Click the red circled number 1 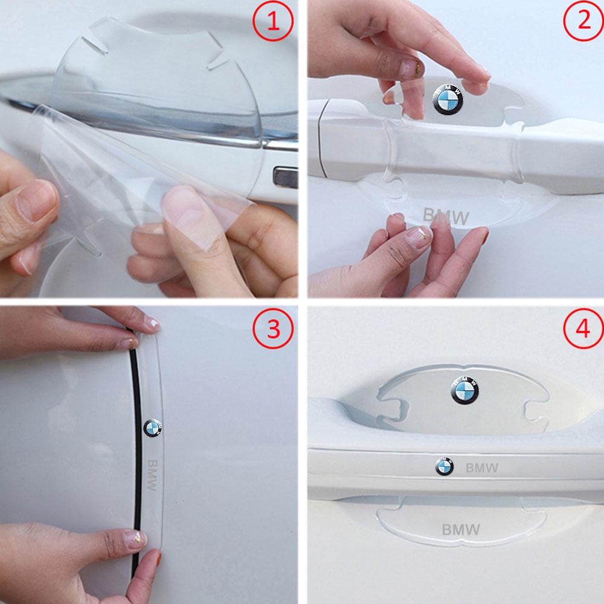pyautogui.click(x=273, y=21)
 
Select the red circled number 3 pyautogui.click(x=273, y=329)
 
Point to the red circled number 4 pyautogui.click(x=583, y=329)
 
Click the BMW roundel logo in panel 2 pyautogui.click(x=448, y=100)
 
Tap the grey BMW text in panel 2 pyautogui.click(x=446, y=216)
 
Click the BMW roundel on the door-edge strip pyautogui.click(x=153, y=428)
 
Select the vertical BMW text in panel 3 pyautogui.click(x=153, y=475)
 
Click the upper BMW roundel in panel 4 pyautogui.click(x=464, y=390)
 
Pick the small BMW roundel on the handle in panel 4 pyautogui.click(x=444, y=466)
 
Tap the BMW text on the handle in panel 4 pyautogui.click(x=481, y=468)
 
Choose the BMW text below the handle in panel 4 pyautogui.click(x=461, y=530)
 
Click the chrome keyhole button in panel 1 pyautogui.click(x=286, y=178)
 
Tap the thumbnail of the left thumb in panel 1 pyautogui.click(x=37, y=201)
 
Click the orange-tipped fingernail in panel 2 pyautogui.click(x=484, y=235)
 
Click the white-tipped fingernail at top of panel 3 pyautogui.click(x=152, y=324)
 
